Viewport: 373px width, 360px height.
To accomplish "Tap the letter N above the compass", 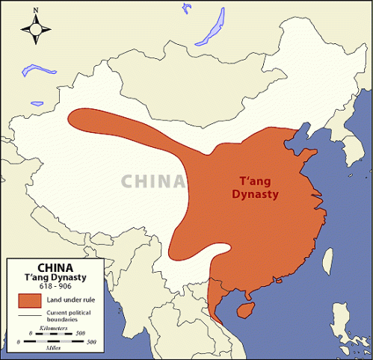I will click(34, 10).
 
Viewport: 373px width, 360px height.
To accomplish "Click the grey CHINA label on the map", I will click(153, 181).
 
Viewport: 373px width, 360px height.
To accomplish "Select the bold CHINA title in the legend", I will click(55, 265).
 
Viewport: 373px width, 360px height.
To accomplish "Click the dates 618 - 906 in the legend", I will click(55, 286).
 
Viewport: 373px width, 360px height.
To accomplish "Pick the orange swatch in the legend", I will click(30, 300).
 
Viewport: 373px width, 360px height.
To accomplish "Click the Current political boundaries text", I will click(70, 316).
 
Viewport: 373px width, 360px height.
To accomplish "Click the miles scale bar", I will click(55, 341).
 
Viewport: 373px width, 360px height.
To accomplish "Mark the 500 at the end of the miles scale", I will click(92, 341).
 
